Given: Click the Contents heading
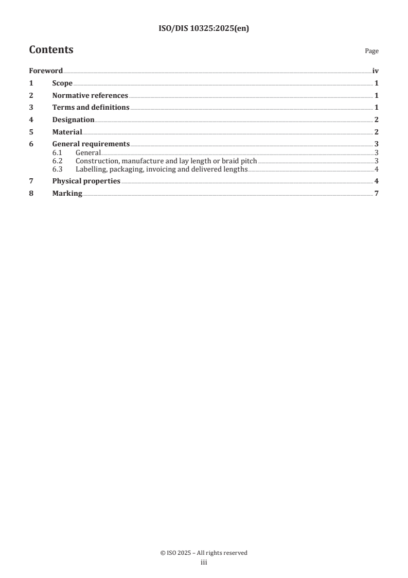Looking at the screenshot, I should click(51, 50).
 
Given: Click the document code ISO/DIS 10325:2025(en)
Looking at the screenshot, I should click(204, 29).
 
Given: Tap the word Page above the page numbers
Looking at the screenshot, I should click(371, 51).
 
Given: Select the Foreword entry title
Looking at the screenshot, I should click(46, 71).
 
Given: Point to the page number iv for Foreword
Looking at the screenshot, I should click(375, 71).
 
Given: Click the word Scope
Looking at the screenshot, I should click(62, 83).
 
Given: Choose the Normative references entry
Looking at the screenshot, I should click(90, 95).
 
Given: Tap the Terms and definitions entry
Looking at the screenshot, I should click(91, 108).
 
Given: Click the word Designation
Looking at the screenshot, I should click(73, 120).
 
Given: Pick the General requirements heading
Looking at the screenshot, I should click(91, 144).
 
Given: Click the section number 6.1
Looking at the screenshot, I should click(58, 152).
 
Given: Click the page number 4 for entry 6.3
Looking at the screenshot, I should click(377, 169).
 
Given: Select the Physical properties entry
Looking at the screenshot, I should click(86, 181).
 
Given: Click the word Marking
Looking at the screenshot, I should click(67, 194).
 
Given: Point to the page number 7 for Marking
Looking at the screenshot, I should click(377, 194).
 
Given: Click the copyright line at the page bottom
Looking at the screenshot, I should click(204, 553).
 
